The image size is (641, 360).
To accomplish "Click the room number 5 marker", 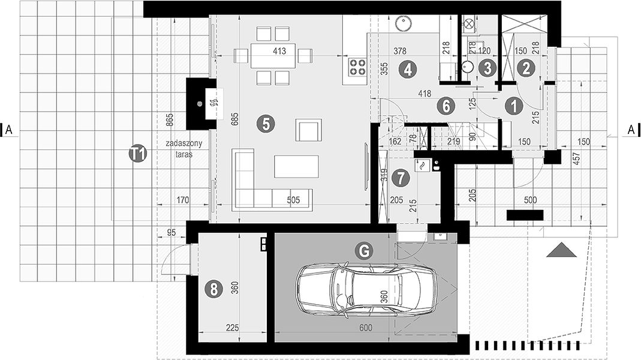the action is [x=266, y=124].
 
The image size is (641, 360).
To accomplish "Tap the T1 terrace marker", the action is [x=138, y=154].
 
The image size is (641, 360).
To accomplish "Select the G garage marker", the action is [x=364, y=250].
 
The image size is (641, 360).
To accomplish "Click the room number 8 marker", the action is [x=213, y=289].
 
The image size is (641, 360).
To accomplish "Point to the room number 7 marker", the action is [x=401, y=178].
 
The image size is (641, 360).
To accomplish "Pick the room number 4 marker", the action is [x=408, y=69].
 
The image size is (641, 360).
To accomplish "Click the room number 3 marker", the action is [x=487, y=68].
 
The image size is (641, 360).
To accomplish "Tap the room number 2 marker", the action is [x=526, y=68].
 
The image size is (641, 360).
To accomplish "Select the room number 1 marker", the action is [x=514, y=106].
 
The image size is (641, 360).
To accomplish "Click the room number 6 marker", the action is [x=446, y=106].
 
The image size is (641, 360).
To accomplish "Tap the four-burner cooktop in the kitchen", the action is [x=357, y=67].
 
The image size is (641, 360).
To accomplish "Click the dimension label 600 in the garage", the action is [x=366, y=328].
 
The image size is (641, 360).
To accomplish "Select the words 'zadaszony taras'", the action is [x=184, y=149].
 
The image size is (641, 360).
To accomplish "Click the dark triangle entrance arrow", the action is [x=562, y=250].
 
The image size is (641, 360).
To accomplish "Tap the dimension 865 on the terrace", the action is [x=170, y=120].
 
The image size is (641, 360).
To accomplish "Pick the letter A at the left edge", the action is [x=9, y=130].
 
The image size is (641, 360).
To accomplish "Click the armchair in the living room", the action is [x=309, y=130].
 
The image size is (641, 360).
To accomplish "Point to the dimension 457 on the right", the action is [x=576, y=158].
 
